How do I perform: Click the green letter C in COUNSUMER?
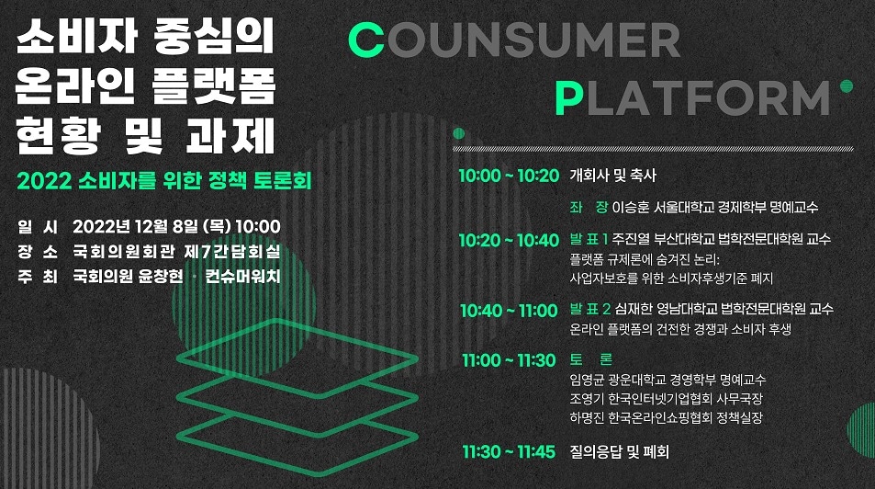click(x=366, y=40)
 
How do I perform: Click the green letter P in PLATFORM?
click(x=568, y=97)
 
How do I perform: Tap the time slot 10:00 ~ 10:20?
click(x=509, y=176)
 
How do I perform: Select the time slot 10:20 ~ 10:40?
click(x=509, y=240)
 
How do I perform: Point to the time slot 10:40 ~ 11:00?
click(x=509, y=310)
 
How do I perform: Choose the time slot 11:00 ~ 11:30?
click(x=509, y=360)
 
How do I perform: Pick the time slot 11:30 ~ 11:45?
click(x=509, y=451)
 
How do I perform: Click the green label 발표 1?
click(x=589, y=239)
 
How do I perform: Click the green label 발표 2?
click(x=589, y=309)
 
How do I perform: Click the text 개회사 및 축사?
click(x=612, y=176)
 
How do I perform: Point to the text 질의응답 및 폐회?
click(x=619, y=451)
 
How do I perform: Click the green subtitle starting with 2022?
click(x=164, y=180)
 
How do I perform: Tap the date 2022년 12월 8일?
click(x=136, y=226)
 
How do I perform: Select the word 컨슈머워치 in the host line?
click(x=242, y=276)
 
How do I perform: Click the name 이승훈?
click(x=631, y=208)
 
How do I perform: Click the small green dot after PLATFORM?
click(x=847, y=86)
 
